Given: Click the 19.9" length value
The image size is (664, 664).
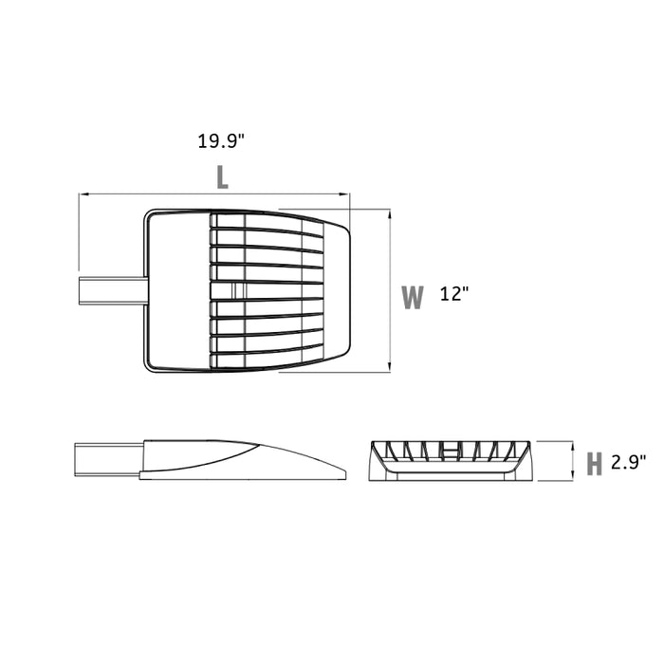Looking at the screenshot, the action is click(221, 141).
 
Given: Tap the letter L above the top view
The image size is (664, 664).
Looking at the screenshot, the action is click(222, 177).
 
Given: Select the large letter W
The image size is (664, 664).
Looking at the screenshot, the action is click(413, 297).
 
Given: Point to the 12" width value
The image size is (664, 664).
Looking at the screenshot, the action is click(454, 293).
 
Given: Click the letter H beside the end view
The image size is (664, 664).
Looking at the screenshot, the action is click(594, 464).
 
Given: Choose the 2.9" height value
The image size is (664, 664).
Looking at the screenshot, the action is click(629, 462).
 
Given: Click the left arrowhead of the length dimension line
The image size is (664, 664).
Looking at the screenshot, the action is click(83, 194).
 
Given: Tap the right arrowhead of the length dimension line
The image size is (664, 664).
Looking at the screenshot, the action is click(345, 194).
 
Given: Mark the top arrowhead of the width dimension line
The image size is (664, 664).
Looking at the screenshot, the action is click(389, 213).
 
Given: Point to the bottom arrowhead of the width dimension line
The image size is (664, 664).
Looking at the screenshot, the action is click(389, 368).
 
